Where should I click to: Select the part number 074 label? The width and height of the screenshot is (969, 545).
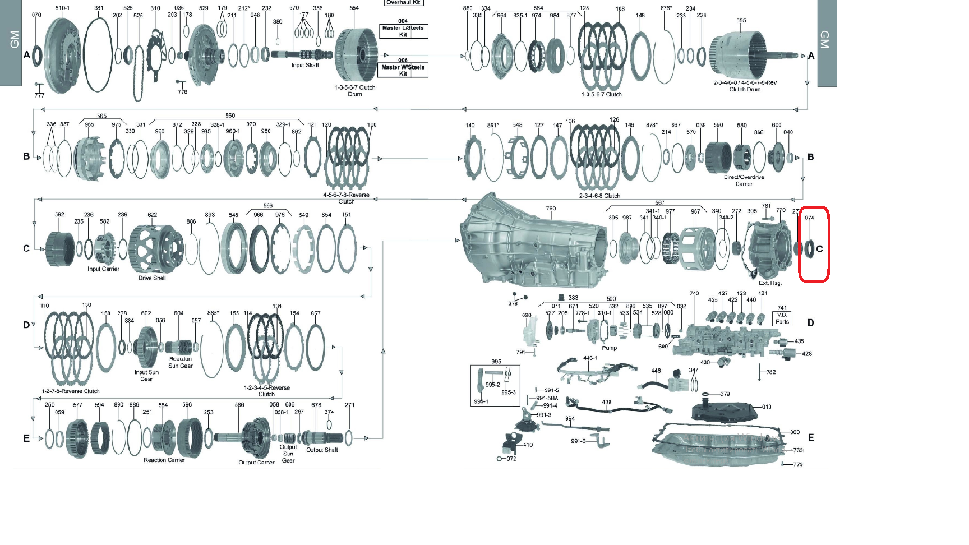[x=809, y=218]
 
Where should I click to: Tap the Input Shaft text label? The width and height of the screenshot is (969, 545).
[x=304, y=66]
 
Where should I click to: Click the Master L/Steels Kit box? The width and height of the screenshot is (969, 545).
[x=403, y=31]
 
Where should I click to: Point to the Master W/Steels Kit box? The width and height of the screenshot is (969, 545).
[x=403, y=70]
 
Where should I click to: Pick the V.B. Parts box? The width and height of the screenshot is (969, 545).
[x=782, y=318]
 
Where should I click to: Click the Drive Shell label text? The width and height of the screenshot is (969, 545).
[x=152, y=278]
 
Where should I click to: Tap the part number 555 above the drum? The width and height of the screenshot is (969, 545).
[x=741, y=20]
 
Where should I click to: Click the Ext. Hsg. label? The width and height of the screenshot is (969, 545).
[x=770, y=283]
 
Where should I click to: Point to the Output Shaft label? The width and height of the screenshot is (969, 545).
[x=322, y=450]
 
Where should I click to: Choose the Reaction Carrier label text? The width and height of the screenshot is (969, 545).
[x=164, y=460]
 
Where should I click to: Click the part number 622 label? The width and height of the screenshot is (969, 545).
[x=152, y=215]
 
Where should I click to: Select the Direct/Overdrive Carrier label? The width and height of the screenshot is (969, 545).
[x=744, y=181]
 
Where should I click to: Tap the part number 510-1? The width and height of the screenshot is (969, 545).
[x=62, y=8]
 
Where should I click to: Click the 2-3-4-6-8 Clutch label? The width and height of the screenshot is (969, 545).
[x=599, y=196]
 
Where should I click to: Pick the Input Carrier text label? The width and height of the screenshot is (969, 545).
[x=103, y=269]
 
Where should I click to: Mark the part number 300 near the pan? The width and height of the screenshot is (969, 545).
[x=795, y=432]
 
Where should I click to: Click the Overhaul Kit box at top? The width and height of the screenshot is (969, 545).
[x=403, y=3]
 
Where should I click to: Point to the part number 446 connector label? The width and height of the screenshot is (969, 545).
[x=656, y=371]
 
